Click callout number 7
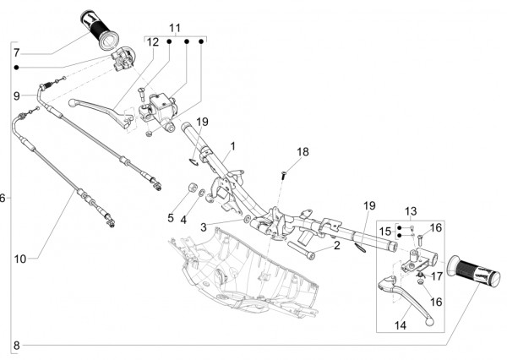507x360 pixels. click(16, 52)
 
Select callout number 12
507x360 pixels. click(153, 41)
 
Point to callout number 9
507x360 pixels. click(16, 95)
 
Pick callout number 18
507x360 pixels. click(303, 152)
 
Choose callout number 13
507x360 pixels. click(410, 210)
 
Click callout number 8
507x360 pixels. click(16, 345)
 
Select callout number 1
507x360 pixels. click(232, 146)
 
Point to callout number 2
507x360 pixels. click(335, 246)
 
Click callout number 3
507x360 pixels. click(203, 227)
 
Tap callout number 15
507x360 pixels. click(384, 231)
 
